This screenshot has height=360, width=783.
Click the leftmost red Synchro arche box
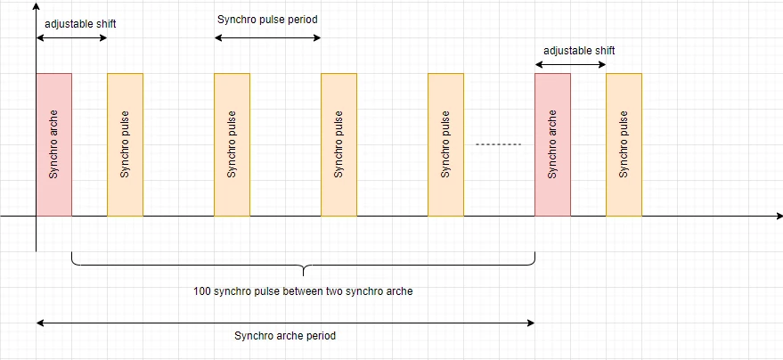[54, 144]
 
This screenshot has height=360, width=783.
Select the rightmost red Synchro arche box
[553, 144]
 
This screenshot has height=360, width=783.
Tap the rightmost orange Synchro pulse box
[624, 144]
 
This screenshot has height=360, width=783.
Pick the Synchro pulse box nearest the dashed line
[446, 144]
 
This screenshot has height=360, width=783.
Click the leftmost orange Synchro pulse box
[126, 144]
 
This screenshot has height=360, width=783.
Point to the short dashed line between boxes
[498, 144]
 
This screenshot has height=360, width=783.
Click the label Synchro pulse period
[267, 20]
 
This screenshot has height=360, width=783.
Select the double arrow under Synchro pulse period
[267, 38]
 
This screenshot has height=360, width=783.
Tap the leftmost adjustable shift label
[80, 24]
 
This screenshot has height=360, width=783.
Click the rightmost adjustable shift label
[579, 51]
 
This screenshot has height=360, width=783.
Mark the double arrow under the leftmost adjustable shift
[72, 38]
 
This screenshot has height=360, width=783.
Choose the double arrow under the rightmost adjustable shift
[570, 64]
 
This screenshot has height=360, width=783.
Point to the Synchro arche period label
[285, 336]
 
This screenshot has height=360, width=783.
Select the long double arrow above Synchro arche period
[286, 323]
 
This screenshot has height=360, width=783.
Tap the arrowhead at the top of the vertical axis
[36, 5]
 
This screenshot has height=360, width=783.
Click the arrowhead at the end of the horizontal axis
[779, 217]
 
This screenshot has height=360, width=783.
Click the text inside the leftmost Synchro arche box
[54, 144]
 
